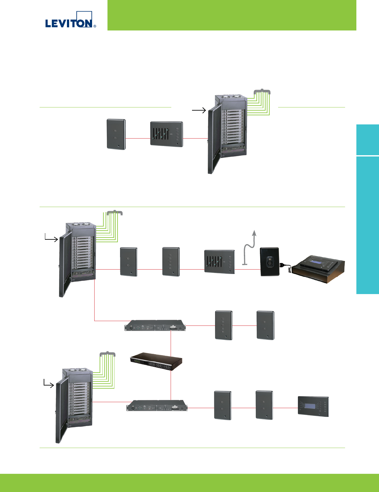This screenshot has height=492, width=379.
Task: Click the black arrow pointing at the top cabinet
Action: [x=199, y=110]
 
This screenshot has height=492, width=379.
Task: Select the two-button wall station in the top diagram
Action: [x=116, y=134]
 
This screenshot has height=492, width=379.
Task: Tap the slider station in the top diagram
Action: [x=167, y=134]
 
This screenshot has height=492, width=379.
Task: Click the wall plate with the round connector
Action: [x=270, y=262]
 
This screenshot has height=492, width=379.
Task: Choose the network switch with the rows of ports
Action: [x=157, y=361]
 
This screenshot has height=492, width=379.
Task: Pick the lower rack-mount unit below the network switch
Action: [x=157, y=406]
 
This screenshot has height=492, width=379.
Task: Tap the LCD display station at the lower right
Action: [x=313, y=407]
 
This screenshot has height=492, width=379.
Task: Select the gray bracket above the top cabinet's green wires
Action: [x=262, y=92]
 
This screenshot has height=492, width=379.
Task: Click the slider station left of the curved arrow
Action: [x=219, y=261]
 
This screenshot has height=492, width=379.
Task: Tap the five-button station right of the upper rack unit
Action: [x=223, y=325]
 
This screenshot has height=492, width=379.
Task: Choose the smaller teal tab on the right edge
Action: [x=368, y=139]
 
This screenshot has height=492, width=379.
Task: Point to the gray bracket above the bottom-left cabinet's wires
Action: [x=107, y=354]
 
